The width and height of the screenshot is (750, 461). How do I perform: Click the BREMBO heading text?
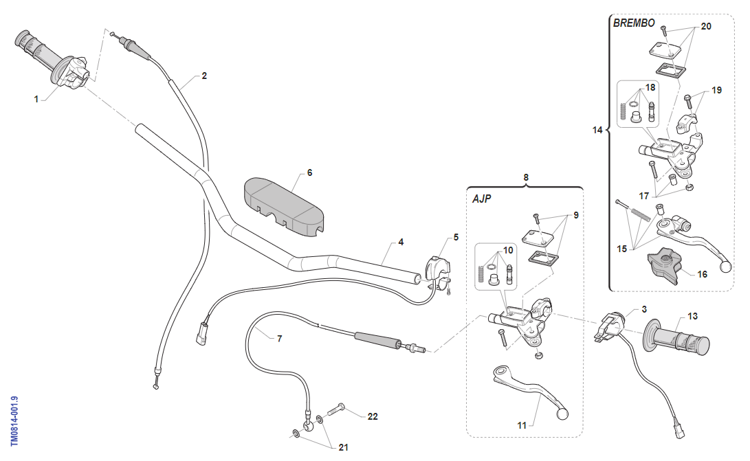pyautogui.click(x=633, y=23)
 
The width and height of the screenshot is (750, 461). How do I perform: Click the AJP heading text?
pyautogui.click(x=483, y=199)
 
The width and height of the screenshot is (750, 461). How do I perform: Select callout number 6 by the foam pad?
pyautogui.click(x=309, y=172)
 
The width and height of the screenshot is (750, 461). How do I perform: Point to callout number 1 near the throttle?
pyautogui.click(x=36, y=99)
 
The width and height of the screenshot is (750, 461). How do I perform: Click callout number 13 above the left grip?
pyautogui.click(x=692, y=316)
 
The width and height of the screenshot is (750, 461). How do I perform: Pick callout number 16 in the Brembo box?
pyautogui.click(x=702, y=274)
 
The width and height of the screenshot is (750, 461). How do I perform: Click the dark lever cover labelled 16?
pyautogui.click(x=664, y=265)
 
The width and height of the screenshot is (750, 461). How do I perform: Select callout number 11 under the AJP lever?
pyautogui.click(x=522, y=425)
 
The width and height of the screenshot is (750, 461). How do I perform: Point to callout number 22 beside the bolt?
pyautogui.click(x=373, y=416)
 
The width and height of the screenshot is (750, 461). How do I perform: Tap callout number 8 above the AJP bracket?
pyautogui.click(x=526, y=177)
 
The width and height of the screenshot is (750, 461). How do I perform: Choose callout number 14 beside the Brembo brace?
pyautogui.click(x=597, y=129)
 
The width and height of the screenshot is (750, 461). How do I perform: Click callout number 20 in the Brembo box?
pyautogui.click(x=705, y=26)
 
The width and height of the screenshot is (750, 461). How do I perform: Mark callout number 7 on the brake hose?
pyautogui.click(x=280, y=339)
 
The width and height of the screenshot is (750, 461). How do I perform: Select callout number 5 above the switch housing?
pyautogui.click(x=455, y=238)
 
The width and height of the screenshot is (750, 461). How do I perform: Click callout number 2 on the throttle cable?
pyautogui.click(x=204, y=76)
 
